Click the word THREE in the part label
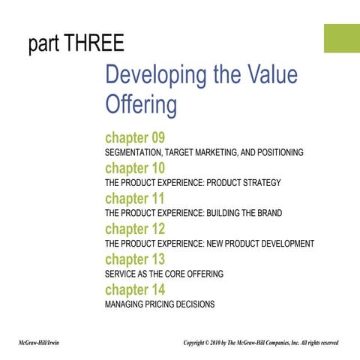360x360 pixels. click(x=94, y=44)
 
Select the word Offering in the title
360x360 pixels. click(x=141, y=104)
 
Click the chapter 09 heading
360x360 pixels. click(x=135, y=138)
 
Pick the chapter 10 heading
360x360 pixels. click(x=135, y=168)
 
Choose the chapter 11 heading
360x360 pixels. click(x=135, y=199)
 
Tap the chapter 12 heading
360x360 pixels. click(x=135, y=229)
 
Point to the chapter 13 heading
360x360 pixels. click(x=135, y=259)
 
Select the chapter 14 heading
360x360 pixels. click(x=135, y=289)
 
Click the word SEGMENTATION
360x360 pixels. click(x=134, y=152)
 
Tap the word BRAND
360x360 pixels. click(x=268, y=213)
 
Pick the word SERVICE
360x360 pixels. click(x=121, y=274)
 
